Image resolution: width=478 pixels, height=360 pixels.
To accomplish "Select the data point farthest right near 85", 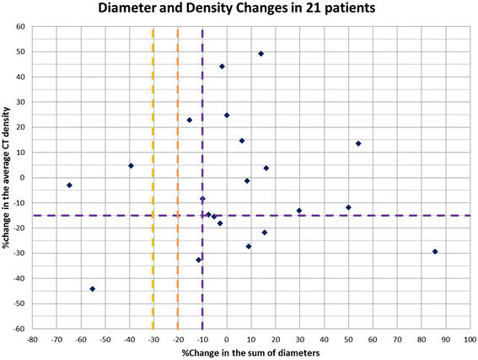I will tap(435, 251).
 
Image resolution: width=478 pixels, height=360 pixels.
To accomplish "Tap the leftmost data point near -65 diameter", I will tap(69, 185).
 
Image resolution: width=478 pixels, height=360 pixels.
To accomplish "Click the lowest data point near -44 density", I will tap(92, 288).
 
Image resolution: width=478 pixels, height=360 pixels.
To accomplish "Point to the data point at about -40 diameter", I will tap(131, 165).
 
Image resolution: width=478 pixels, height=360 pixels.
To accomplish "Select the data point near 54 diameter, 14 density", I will tap(358, 143).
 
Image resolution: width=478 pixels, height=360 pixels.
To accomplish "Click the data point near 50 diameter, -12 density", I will tap(348, 207).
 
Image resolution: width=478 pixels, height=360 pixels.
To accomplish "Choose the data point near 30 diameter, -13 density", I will tap(299, 211).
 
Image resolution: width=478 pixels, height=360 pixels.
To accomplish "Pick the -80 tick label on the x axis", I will tap(32, 341).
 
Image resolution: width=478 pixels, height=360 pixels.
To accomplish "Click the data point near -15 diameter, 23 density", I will tap(190, 120).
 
